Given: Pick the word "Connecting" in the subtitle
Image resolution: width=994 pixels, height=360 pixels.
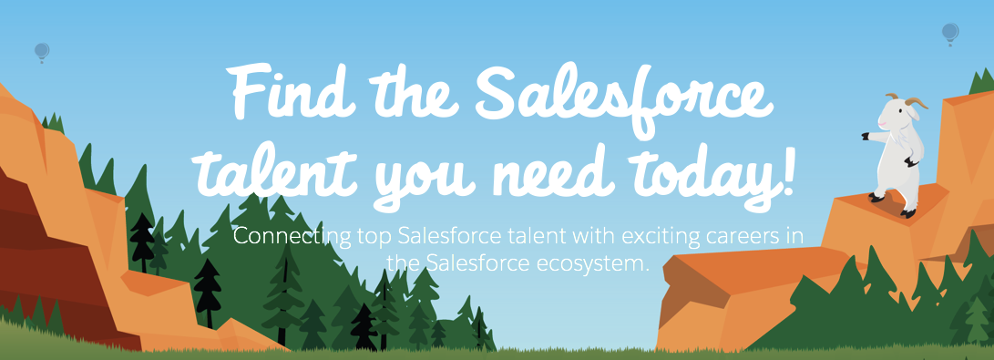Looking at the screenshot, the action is [292, 238].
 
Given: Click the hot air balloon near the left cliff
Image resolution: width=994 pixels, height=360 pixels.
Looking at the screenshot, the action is [42, 53].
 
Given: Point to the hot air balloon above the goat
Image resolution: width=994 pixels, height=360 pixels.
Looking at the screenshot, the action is [949, 34].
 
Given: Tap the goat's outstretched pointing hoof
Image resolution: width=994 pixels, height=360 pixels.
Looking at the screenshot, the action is [866, 137].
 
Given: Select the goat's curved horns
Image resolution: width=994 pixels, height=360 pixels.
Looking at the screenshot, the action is [907, 101].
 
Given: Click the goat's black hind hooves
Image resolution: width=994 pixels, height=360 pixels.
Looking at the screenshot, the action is [893, 205].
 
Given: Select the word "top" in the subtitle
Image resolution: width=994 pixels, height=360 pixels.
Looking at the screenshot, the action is [374, 239].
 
